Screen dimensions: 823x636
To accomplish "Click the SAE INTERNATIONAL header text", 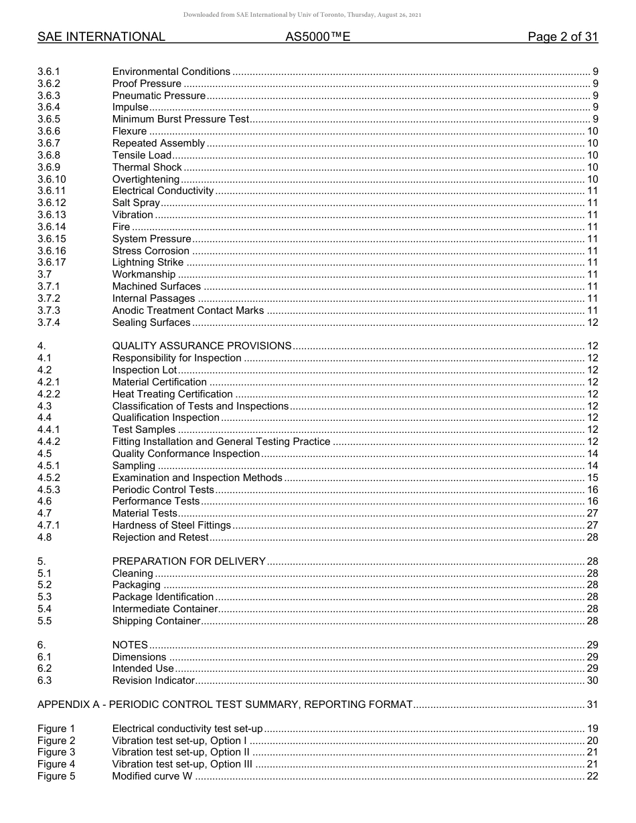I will (101, 37).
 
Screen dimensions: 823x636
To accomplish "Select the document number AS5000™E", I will (317, 37).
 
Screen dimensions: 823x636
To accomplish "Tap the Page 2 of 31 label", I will (562, 37).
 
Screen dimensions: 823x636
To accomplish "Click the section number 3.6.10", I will (52, 179).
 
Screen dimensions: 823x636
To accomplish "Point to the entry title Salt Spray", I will (136, 203).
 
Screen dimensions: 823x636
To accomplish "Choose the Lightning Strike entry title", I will (147, 262).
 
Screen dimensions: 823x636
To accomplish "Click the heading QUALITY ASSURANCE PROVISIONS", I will (202, 346).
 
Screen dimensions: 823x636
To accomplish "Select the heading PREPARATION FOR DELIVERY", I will (189, 561).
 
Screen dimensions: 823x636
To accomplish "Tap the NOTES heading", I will (130, 645).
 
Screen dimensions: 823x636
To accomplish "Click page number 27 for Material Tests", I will (592, 513).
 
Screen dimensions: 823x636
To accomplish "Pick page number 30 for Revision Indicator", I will (592, 680).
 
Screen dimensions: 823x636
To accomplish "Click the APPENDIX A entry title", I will (225, 705).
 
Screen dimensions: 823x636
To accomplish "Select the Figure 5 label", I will (56, 776).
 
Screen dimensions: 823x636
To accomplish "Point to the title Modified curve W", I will (152, 776).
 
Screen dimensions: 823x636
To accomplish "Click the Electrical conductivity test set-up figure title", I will (187, 729).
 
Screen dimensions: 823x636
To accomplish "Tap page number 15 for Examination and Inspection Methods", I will (592, 478).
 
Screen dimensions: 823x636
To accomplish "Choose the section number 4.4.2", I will (49, 442).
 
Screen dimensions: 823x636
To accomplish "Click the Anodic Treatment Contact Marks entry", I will (188, 310).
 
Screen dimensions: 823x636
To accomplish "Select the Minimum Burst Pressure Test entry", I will (180, 119).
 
